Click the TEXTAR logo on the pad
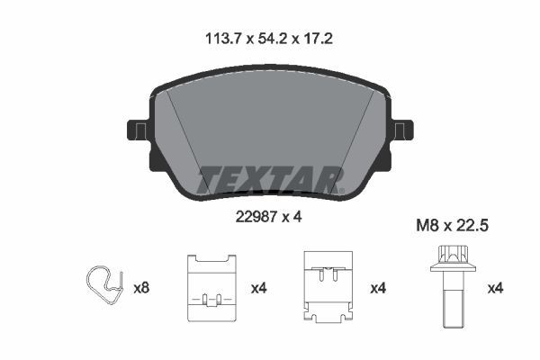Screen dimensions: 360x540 click(x=269, y=178)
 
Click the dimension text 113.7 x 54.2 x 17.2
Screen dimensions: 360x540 click(x=270, y=40)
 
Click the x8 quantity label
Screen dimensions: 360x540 click(x=141, y=288)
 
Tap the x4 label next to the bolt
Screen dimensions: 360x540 click(x=495, y=288)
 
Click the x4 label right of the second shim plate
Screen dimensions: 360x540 click(x=378, y=288)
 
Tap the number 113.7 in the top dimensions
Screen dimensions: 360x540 click(x=224, y=40)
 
